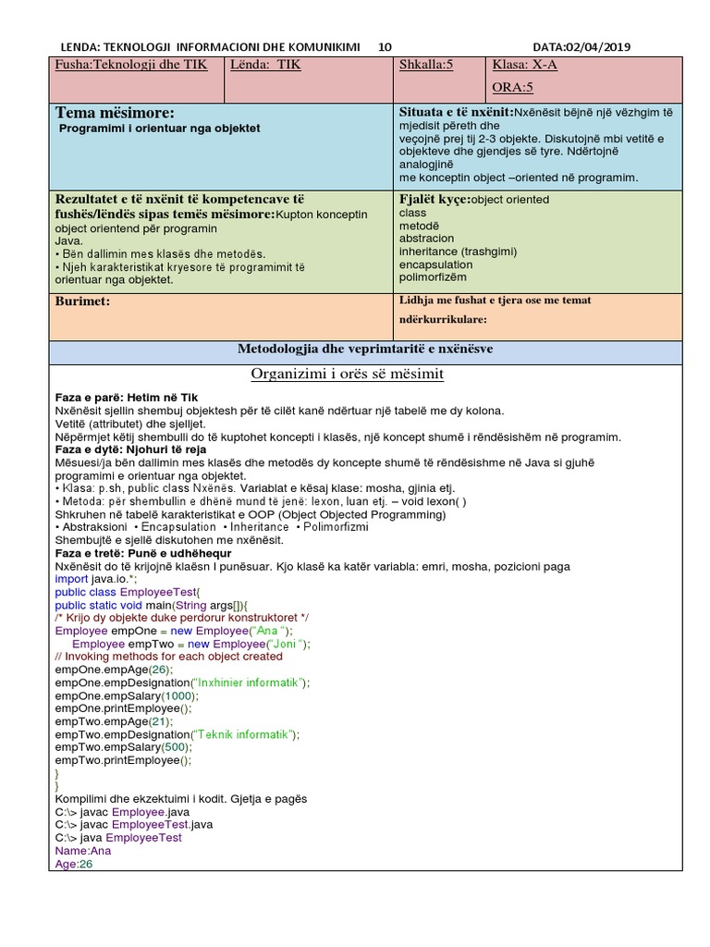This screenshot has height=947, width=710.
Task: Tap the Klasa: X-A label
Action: click(x=524, y=66)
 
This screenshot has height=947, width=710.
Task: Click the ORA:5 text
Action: click(x=513, y=88)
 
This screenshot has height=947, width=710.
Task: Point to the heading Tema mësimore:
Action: click(x=115, y=112)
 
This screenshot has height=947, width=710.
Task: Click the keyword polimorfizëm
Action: click(x=433, y=277)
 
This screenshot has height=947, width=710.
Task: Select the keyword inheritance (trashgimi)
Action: click(x=458, y=251)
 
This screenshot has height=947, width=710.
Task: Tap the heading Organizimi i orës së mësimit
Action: click(x=348, y=374)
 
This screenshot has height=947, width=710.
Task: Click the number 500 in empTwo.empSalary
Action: click(x=176, y=747)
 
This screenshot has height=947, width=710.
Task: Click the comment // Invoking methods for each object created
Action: click(x=168, y=657)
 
